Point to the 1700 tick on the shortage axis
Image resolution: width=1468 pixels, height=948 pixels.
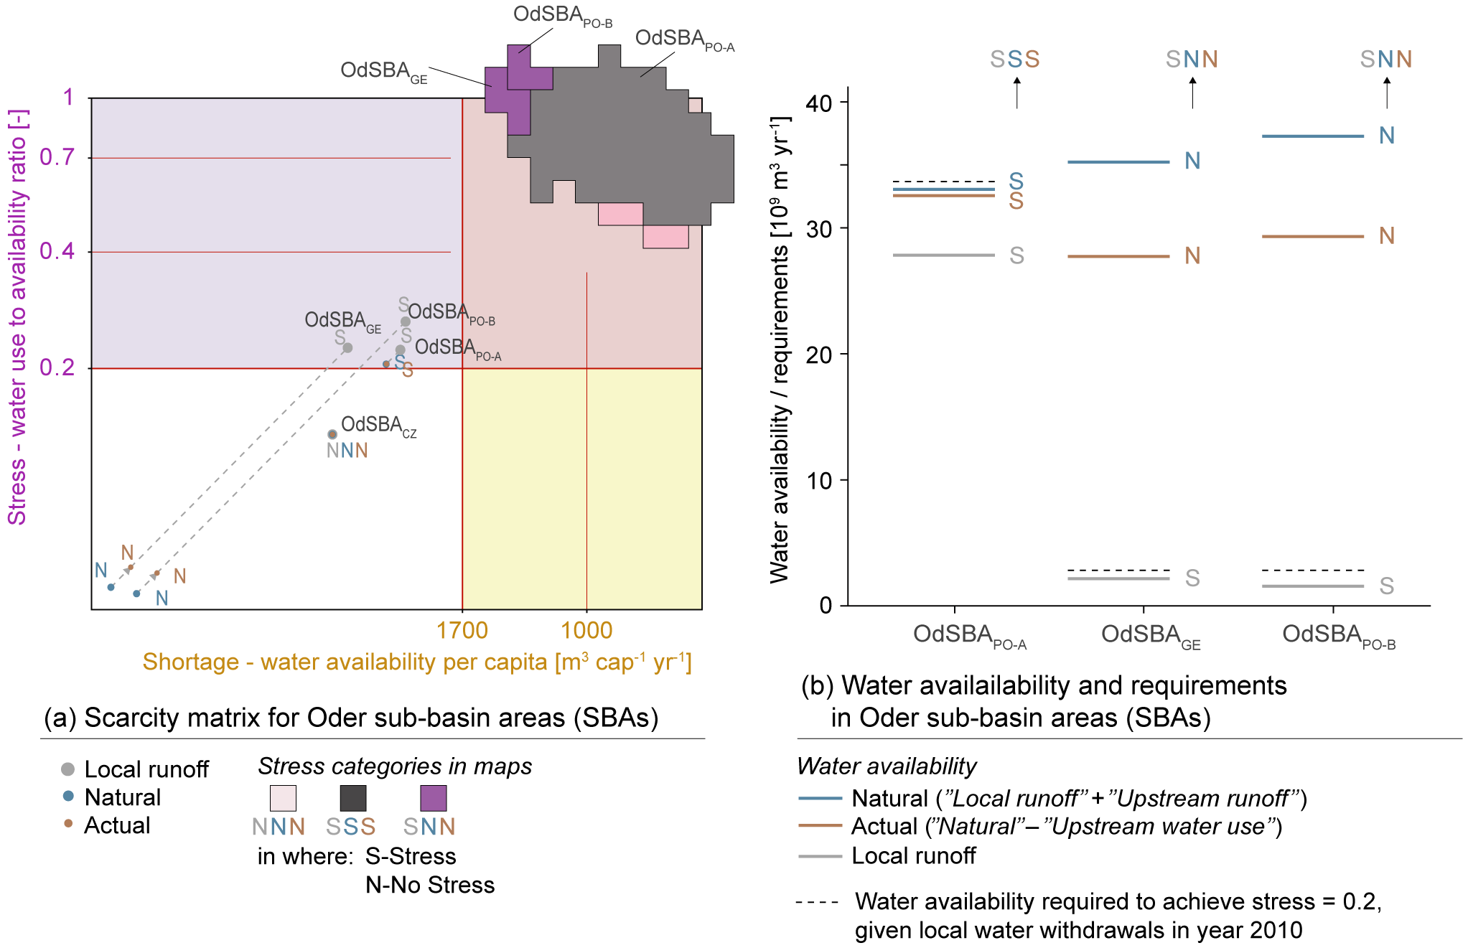(462, 630)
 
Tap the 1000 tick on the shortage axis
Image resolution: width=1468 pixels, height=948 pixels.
(586, 630)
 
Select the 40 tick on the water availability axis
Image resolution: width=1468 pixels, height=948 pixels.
(818, 103)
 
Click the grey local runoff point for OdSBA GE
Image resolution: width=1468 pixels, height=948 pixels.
(347, 347)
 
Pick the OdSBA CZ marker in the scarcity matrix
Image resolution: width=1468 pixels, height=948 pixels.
(332, 434)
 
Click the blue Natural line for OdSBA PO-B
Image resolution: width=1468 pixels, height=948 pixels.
(1312, 136)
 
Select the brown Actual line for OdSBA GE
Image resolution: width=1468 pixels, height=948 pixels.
(1118, 256)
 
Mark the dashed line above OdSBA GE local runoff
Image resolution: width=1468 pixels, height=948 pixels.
(1118, 571)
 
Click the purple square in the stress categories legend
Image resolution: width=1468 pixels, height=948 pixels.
(433, 798)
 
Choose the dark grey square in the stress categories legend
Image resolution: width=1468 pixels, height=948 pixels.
(352, 798)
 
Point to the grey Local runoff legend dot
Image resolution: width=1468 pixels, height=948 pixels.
(68, 769)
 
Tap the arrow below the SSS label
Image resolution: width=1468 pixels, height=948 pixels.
(1016, 93)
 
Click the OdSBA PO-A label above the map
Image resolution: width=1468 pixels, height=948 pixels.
(684, 40)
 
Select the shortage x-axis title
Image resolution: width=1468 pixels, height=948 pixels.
(416, 662)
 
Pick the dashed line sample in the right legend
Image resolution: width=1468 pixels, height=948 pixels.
(817, 902)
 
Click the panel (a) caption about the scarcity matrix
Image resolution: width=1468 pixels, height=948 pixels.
(351, 718)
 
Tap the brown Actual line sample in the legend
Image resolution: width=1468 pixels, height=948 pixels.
(820, 826)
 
